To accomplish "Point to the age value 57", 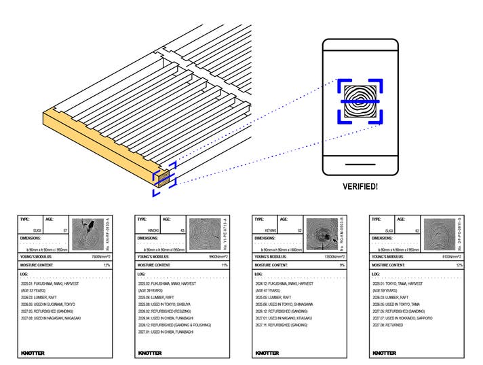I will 64,231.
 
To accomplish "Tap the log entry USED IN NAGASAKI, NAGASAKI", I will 52,317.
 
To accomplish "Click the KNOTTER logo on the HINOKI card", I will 149,353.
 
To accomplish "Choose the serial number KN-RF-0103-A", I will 107,234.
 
